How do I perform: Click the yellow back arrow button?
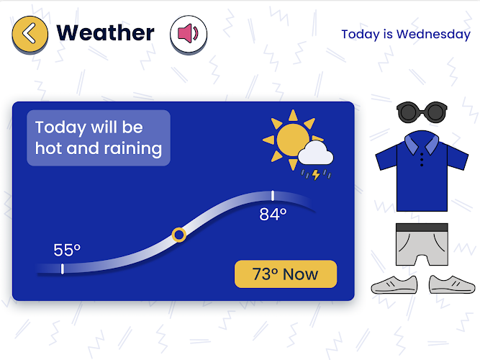pos(30,34)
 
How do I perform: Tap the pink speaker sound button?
pos(189,34)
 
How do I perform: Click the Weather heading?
pos(105,33)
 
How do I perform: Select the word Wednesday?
pos(433,35)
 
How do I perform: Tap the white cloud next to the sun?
pos(316,153)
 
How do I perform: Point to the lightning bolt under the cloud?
pos(316,175)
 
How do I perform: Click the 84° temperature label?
pos(273,214)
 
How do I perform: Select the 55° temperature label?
pos(67,250)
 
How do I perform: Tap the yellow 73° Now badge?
pos(286,274)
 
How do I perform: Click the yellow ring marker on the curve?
pos(179,235)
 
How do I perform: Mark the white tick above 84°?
pos(273,196)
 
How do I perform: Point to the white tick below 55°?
pos(63,269)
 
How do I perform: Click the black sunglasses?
pos(422,112)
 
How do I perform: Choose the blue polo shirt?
pos(422,171)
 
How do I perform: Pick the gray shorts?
pos(422,244)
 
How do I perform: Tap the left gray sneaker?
pos(394,285)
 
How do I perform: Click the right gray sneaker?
pos(452,284)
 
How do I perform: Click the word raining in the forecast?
pos(133,149)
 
